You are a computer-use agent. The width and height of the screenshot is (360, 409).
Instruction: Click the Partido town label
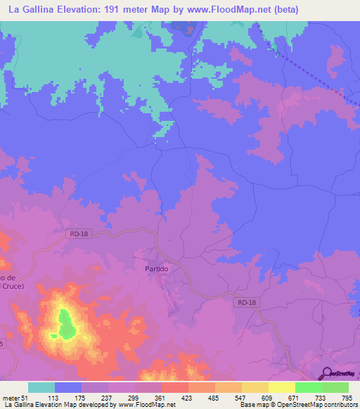(x=156, y=269)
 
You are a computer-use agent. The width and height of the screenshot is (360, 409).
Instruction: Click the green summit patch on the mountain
(x=67, y=323)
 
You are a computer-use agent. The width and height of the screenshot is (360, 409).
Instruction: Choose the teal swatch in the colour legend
(x=41, y=388)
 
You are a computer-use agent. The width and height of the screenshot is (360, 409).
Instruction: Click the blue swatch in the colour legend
(x=68, y=388)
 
